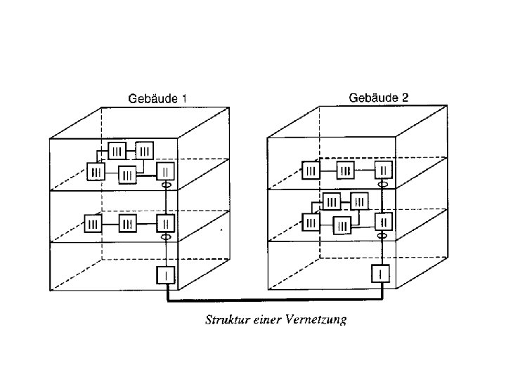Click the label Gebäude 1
157,100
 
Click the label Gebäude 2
378,98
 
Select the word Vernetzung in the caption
317,321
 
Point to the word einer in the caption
267,321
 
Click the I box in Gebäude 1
166,277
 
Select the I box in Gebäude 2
379,273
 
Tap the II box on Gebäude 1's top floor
166,171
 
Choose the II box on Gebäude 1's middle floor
166,224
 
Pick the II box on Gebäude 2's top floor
384,170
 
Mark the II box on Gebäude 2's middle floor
384,221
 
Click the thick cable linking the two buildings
274,300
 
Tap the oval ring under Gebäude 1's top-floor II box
167,186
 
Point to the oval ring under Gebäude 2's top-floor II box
384,185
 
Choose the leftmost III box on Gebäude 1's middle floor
93,225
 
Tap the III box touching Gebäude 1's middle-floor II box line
127,225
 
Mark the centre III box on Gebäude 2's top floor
346,171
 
